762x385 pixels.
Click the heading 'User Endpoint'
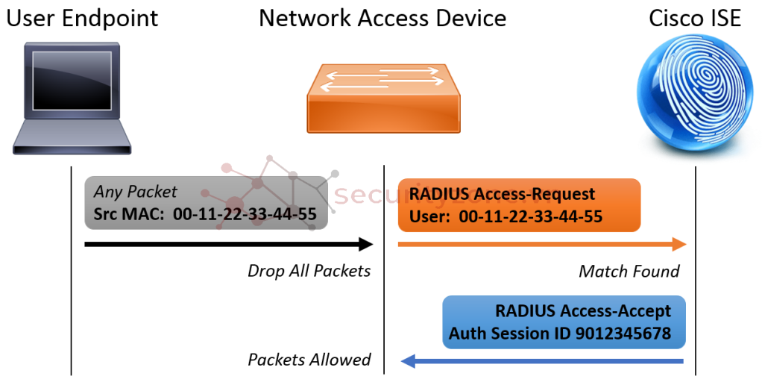pos(82,18)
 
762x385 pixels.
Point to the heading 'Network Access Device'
pos(382,18)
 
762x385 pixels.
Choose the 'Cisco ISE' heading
pos(695,18)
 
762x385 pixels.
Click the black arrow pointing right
pos(227,244)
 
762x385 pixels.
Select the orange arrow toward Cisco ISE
pos(541,244)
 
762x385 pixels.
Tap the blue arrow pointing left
pos(542,362)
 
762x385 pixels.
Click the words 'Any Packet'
pos(136,192)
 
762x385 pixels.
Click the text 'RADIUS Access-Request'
pos(503,194)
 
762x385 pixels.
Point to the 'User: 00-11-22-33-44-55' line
pos(506,217)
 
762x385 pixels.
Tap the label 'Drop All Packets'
pos(309,271)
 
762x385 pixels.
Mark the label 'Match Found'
pos(629,271)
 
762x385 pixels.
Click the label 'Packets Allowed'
pos(309,360)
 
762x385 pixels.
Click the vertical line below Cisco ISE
pos(695,284)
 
